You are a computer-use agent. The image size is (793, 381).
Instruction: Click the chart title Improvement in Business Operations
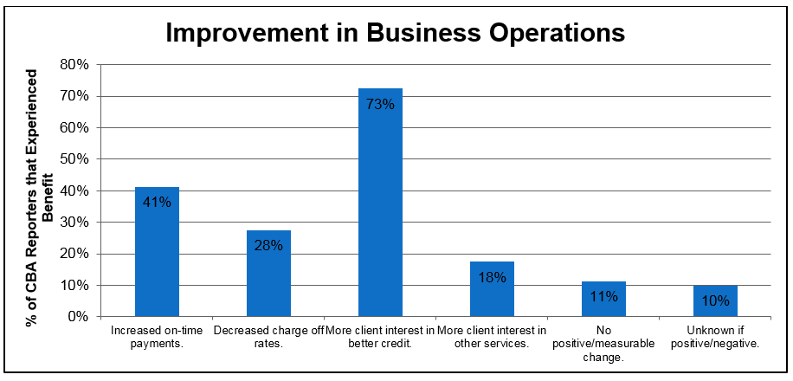pos(395,32)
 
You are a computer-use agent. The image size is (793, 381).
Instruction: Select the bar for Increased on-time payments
pos(157,255)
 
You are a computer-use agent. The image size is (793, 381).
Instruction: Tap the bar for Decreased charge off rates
pos(268,277)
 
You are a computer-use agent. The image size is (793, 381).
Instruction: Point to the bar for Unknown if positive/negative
pos(715,303)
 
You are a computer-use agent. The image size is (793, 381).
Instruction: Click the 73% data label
pos(380,105)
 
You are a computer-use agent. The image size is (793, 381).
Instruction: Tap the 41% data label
pos(157,203)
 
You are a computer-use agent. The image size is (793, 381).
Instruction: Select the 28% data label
pos(268,245)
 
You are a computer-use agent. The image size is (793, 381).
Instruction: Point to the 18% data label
pos(492,277)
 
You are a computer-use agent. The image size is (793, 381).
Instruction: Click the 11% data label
pos(603,297)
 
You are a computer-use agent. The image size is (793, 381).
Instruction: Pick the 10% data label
pos(715,301)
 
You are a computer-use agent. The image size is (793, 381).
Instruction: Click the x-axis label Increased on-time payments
pos(157,337)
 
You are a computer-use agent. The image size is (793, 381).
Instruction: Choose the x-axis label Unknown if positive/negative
pos(715,337)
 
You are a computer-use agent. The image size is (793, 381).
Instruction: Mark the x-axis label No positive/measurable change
pos(603,343)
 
